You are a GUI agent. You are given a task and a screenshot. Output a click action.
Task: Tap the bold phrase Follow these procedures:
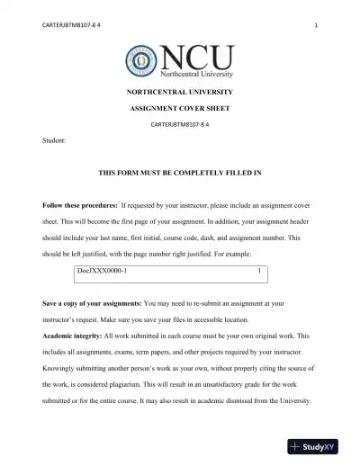coord(79,205)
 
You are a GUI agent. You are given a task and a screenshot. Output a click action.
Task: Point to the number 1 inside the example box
coord(259,269)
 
